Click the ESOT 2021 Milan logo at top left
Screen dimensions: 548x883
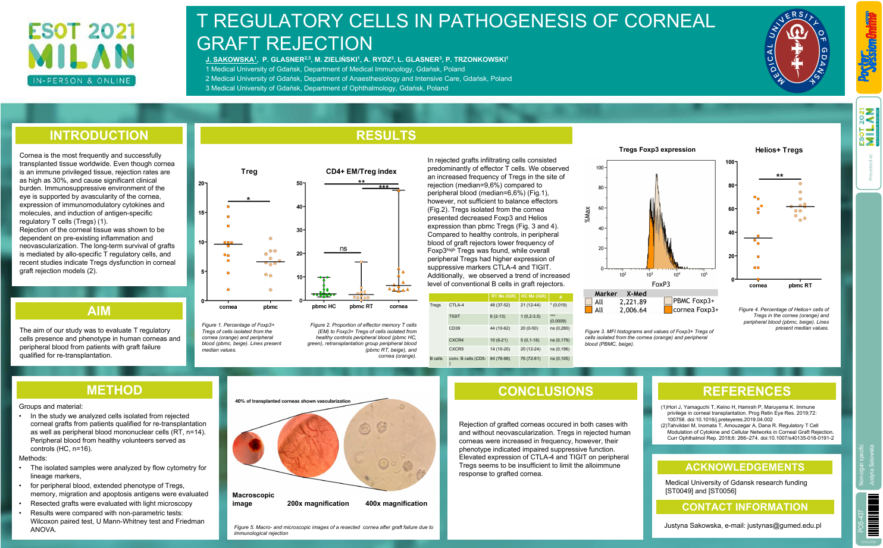(x=82, y=54)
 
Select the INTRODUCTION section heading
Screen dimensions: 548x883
(x=99, y=136)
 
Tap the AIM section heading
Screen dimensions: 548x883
(x=99, y=311)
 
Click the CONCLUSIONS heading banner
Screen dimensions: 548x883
(x=545, y=391)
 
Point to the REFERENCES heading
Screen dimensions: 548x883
(x=746, y=391)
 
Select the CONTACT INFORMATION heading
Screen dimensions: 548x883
(x=744, y=507)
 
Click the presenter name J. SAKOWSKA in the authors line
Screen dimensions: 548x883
(x=230, y=60)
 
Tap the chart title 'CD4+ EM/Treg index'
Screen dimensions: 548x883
(x=361, y=171)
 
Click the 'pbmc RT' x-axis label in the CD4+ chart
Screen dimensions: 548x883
(x=361, y=306)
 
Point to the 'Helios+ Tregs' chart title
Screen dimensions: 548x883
(x=778, y=150)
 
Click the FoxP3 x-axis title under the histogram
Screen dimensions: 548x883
(x=660, y=284)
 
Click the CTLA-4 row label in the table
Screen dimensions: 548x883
(x=456, y=305)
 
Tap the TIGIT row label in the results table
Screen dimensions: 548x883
(x=455, y=317)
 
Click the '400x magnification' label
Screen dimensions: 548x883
(x=396, y=503)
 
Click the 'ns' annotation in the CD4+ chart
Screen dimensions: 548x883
(x=343, y=249)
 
